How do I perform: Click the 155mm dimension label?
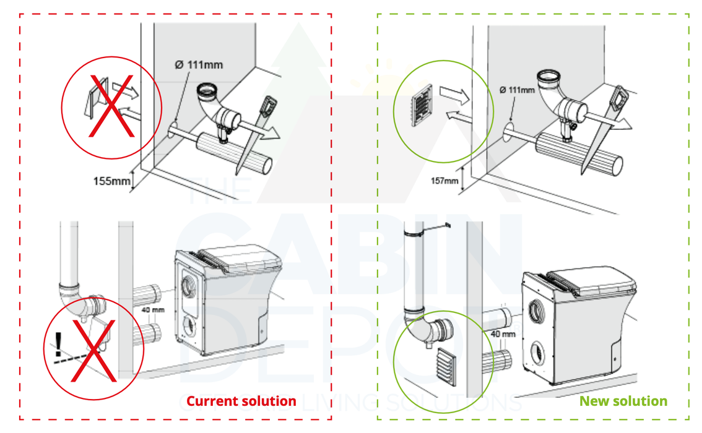pos(111,181)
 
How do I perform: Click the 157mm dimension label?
pos(445,181)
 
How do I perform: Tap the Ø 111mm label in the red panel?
pos(199,64)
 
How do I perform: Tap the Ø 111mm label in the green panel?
pos(517,90)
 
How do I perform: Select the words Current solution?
pos(241,401)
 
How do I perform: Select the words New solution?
pos(623,401)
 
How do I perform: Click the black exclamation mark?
pos(59,342)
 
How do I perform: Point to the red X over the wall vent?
pos(111,105)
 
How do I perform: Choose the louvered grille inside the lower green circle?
pos(446,366)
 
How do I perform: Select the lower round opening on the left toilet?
pos(189,324)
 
